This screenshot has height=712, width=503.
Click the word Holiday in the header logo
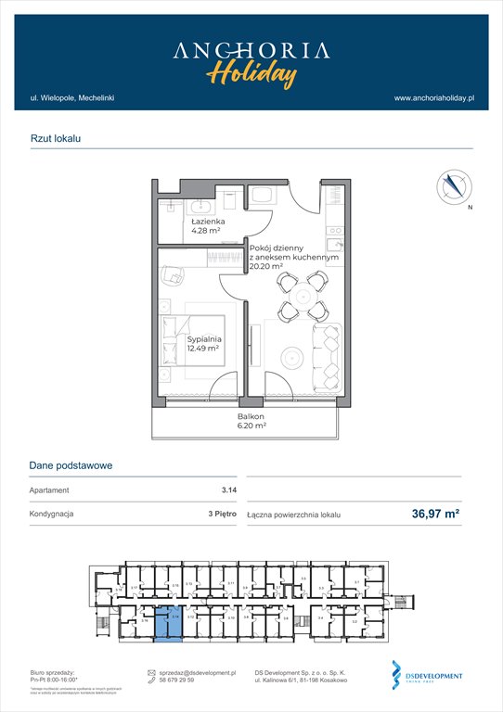pyautogui.click(x=251, y=71)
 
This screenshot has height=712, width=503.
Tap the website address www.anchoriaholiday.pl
pyautogui.click(x=434, y=97)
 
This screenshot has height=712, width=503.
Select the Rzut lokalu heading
pyautogui.click(x=56, y=137)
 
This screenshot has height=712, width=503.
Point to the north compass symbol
pyautogui.click(x=451, y=186)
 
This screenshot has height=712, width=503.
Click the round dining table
pyautogui.click(x=302, y=292)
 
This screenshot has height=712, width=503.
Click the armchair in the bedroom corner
pyautogui.click(x=174, y=276)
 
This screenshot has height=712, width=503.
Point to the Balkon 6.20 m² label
pyautogui.click(x=251, y=423)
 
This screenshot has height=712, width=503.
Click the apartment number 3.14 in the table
pyautogui.click(x=216, y=490)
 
